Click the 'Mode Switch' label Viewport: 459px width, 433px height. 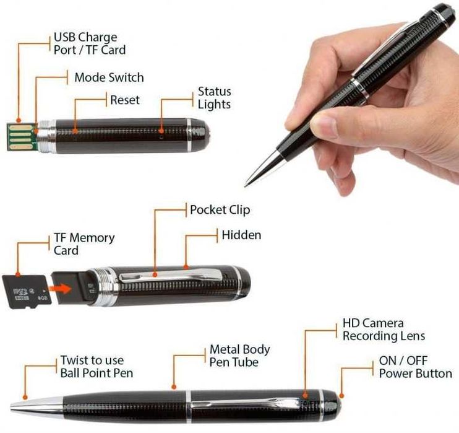tap(109, 77)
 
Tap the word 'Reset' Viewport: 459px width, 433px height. tap(125, 100)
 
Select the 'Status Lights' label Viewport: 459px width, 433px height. tap(214, 98)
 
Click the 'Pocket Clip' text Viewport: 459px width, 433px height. tap(220, 210)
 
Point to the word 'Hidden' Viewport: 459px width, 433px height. tap(241, 235)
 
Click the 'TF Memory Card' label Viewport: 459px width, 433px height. tap(84, 244)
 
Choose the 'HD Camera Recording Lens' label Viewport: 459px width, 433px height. tap(384, 330)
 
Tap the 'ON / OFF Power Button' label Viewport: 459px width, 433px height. tap(415, 367)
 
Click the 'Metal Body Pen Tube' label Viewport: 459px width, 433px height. tap(240, 356)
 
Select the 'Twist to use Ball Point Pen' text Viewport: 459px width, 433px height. tap(97, 367)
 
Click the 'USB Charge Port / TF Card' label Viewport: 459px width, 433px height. tap(90, 43)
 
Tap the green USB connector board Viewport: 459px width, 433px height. tap(22, 137)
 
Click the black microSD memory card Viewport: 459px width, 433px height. tap(27, 291)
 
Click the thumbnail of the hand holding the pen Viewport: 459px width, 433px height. tap(351, 100)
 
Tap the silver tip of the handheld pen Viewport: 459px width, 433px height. tap(262, 169)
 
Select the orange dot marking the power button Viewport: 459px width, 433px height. tap(341, 396)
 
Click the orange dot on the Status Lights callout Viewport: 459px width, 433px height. tap(161, 131)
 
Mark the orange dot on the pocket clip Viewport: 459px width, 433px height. tap(155, 274)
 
